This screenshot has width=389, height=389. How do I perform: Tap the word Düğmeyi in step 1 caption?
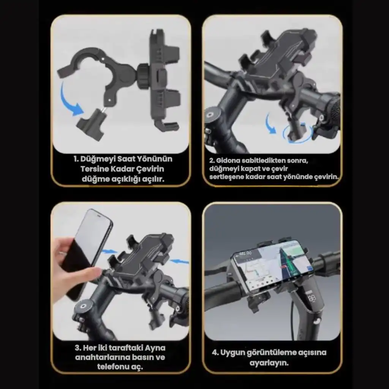tap(98, 159)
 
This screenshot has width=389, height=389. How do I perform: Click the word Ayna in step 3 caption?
tap(155, 348)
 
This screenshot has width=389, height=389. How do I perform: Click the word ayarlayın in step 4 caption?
tap(269, 363)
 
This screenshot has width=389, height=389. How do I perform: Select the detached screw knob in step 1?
tap(91, 125)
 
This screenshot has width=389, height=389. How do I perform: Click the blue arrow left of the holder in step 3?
tap(109, 252)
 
